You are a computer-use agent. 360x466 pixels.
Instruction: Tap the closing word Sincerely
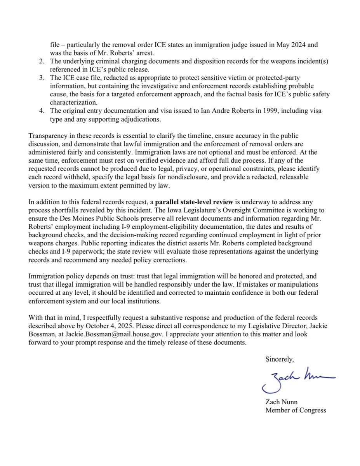[x=280, y=359]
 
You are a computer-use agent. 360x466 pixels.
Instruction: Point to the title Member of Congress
[x=296, y=410]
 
